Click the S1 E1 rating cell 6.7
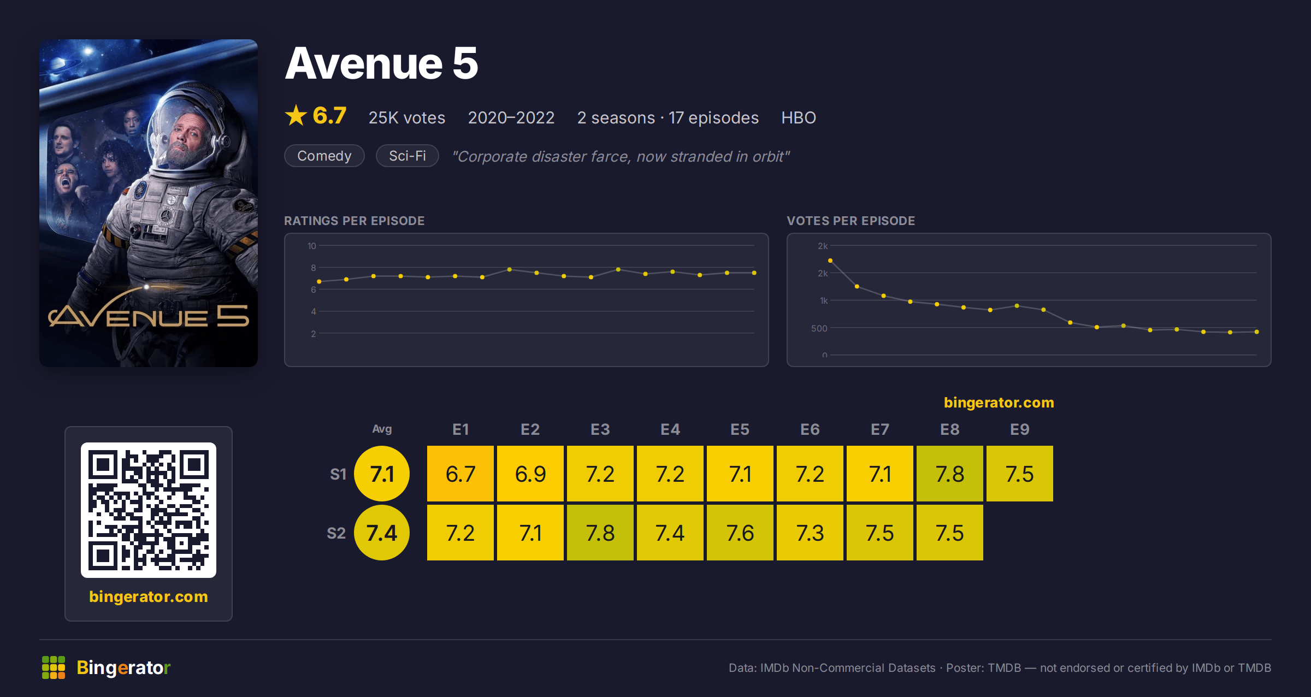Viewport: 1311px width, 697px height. (460, 474)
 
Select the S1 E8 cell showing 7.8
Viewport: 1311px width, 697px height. (950, 474)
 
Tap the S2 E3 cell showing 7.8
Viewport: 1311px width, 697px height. (600, 533)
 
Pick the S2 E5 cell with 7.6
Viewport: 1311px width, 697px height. (740, 533)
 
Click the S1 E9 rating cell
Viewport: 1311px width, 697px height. (1020, 474)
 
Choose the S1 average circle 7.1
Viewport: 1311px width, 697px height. (382, 474)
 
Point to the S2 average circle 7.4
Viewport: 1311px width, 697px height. (382, 533)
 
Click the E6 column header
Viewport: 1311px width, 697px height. (810, 429)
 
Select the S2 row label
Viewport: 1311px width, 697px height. (336, 533)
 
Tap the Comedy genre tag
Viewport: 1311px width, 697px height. (324, 156)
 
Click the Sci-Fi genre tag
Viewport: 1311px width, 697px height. (408, 156)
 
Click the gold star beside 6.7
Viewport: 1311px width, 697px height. (296, 115)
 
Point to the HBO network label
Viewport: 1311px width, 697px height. (799, 117)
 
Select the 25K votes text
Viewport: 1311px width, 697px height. (407, 117)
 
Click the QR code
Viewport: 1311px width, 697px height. (149, 510)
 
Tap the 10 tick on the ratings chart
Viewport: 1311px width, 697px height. (312, 246)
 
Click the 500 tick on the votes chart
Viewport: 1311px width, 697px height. (819, 328)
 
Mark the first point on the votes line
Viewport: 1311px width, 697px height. (830, 261)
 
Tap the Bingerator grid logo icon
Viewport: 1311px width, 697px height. (54, 668)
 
